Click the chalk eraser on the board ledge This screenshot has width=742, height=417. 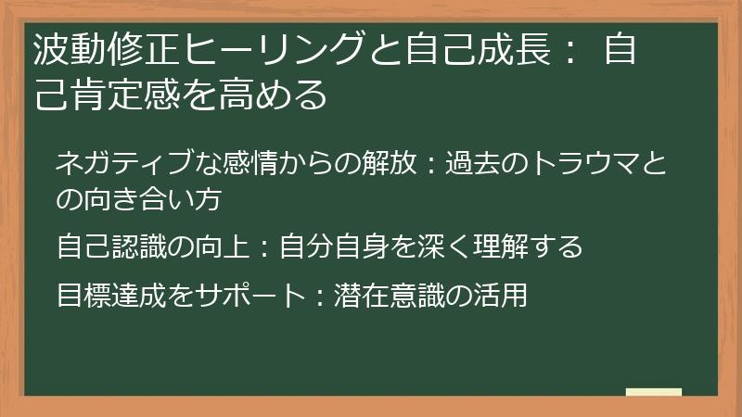(654, 392)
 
